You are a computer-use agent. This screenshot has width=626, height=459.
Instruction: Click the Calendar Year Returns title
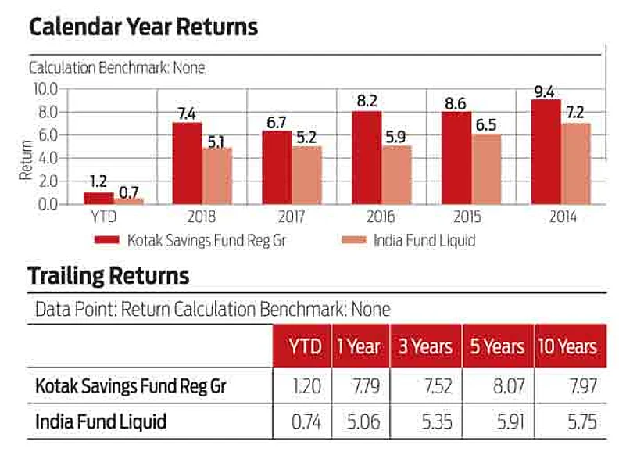pyautogui.click(x=143, y=27)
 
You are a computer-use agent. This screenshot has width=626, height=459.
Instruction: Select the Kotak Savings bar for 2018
pyautogui.click(x=188, y=163)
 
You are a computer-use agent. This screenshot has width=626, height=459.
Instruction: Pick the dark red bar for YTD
pyautogui.click(x=98, y=199)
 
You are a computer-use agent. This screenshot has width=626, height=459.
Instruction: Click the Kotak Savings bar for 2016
pyautogui.click(x=367, y=158)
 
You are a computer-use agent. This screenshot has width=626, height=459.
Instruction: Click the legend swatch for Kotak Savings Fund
pyautogui.click(x=106, y=240)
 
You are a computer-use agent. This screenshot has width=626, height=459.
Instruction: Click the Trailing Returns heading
pyautogui.click(x=109, y=275)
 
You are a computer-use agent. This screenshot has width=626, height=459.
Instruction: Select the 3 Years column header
pyautogui.click(x=425, y=346)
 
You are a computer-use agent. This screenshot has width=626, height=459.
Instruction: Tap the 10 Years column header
pyautogui.click(x=567, y=346)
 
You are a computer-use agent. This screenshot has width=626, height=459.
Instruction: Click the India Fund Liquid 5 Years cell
pyautogui.click(x=499, y=423)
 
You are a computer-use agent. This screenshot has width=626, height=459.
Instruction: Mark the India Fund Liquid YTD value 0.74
pyautogui.click(x=306, y=423)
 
